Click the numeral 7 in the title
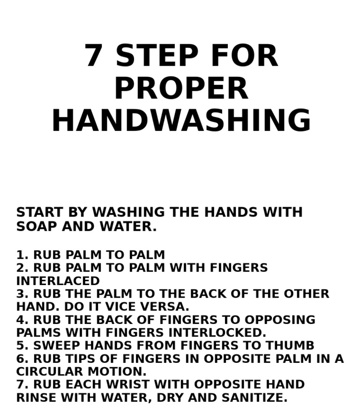tap(93, 56)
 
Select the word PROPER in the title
tap(181, 88)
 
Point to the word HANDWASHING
tap(181, 120)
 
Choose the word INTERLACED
tap(58, 281)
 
